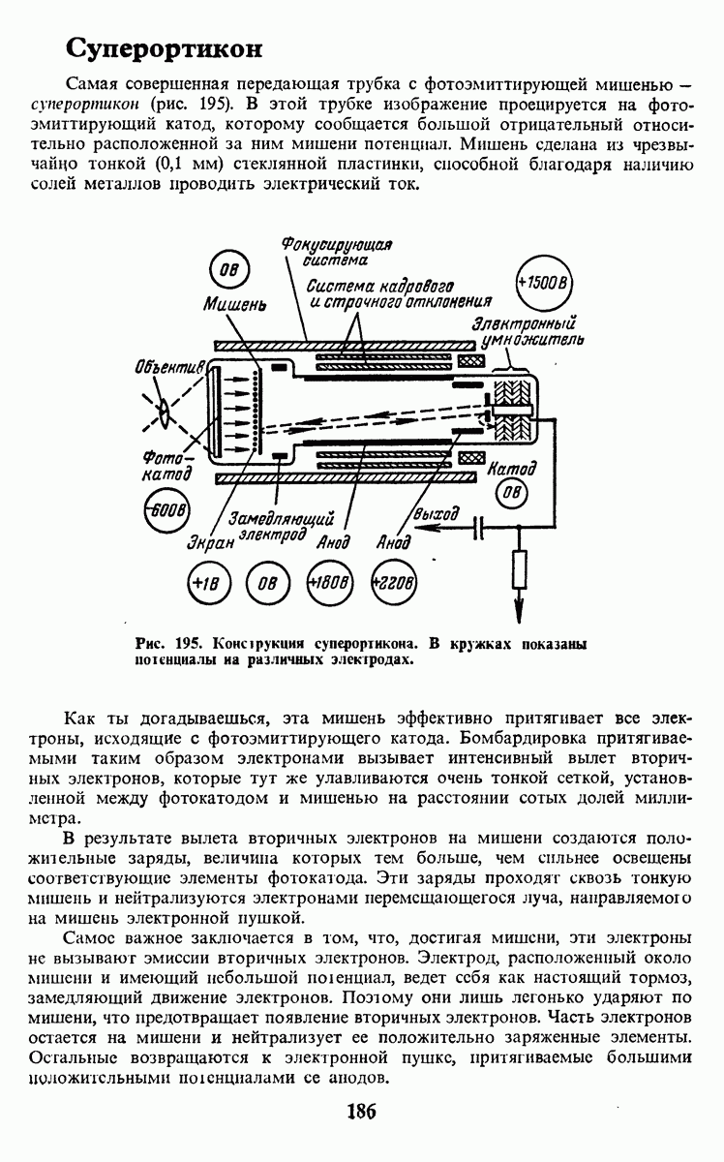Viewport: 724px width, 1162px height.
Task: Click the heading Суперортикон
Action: point(165,47)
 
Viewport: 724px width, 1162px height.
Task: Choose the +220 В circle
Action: point(392,585)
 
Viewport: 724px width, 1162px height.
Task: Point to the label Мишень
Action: point(233,303)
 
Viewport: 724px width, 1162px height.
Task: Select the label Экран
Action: point(210,544)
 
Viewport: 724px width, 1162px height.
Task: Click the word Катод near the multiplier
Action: point(512,470)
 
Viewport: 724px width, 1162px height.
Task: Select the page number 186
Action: point(360,1111)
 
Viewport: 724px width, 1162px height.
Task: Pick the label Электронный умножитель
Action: point(528,332)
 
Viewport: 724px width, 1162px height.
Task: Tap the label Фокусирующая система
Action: point(336,252)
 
